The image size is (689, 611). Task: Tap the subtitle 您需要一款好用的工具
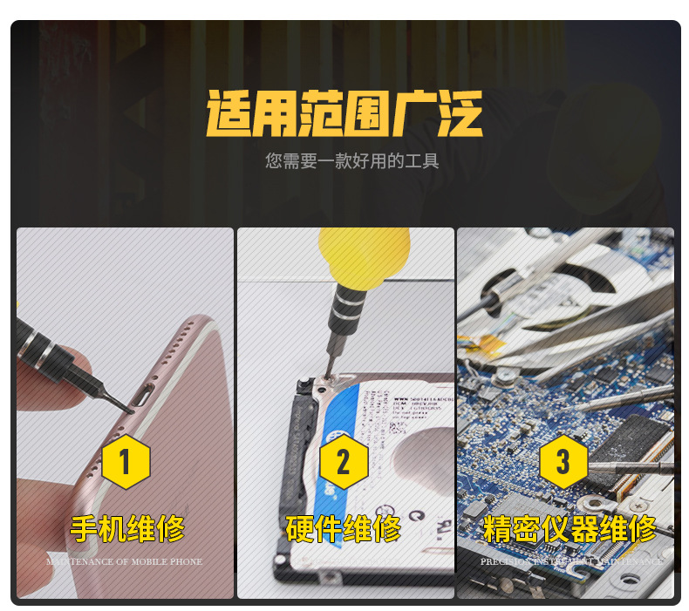(x=351, y=161)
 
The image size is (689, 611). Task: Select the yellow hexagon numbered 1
(x=126, y=462)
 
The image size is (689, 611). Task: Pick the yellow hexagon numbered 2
(x=343, y=462)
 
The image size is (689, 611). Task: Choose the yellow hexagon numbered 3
(x=563, y=462)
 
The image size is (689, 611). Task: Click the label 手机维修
(x=127, y=529)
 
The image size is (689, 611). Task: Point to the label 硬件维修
(x=344, y=529)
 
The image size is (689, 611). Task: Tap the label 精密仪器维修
(x=569, y=529)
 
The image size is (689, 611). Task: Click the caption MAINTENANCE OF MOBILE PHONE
(x=125, y=562)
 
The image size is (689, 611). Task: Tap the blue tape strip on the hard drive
(x=366, y=436)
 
